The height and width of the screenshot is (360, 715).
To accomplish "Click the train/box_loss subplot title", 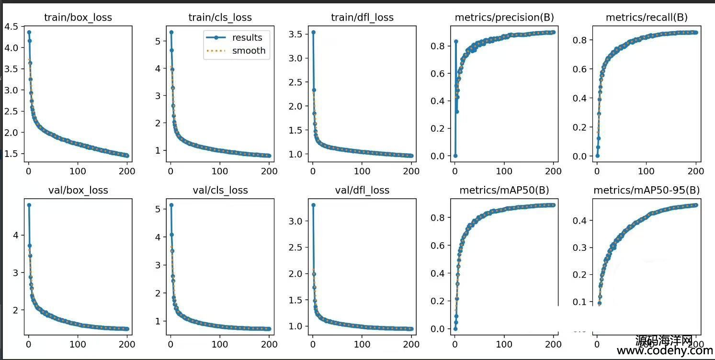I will (x=78, y=18).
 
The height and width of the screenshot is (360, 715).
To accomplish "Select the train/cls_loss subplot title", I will (x=220, y=18).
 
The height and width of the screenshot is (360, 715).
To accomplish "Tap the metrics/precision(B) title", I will (x=504, y=18).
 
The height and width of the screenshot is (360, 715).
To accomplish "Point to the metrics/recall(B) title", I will (x=647, y=18).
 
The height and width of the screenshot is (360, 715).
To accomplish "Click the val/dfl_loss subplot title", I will (x=362, y=190).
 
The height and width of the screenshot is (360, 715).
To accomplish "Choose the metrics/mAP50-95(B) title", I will (x=647, y=190).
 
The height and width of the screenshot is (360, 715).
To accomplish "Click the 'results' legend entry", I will (x=247, y=38).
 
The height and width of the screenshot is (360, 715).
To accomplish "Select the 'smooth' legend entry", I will (x=249, y=51).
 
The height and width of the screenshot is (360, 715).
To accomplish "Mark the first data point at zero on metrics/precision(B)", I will (x=455, y=156).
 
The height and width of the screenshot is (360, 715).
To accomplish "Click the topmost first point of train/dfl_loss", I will (x=313, y=32).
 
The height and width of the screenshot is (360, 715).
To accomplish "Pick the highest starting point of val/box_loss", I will (x=29, y=205).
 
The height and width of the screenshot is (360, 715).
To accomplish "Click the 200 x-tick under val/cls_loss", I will (x=269, y=344).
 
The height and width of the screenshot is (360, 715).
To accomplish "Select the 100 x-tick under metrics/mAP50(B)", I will (x=504, y=344).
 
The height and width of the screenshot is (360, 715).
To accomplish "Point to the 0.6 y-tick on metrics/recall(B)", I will (x=580, y=69).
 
